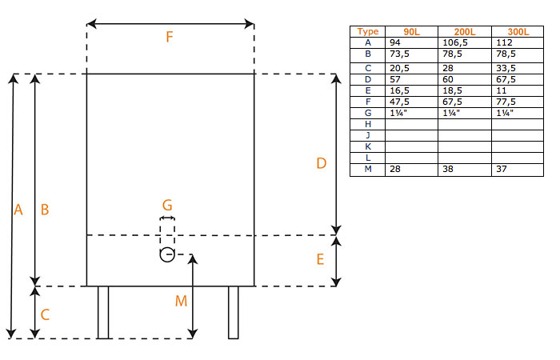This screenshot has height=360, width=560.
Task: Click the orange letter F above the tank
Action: click(x=170, y=37)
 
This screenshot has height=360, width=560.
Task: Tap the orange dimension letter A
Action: click(x=18, y=210)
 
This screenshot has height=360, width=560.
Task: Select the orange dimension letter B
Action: click(x=45, y=210)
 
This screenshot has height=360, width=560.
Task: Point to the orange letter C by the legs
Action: click(x=45, y=314)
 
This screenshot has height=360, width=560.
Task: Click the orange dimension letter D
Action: click(x=322, y=163)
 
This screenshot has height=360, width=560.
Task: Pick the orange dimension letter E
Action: click(x=320, y=259)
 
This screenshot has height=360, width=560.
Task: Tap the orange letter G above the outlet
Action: click(x=167, y=206)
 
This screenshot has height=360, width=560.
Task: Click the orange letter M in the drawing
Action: click(x=181, y=302)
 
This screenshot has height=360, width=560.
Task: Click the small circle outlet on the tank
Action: click(x=167, y=254)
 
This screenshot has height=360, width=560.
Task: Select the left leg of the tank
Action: click(x=103, y=312)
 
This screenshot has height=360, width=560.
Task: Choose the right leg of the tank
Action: click(x=234, y=312)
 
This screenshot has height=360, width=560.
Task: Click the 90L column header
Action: click(x=412, y=32)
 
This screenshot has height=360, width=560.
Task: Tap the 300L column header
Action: click(x=518, y=32)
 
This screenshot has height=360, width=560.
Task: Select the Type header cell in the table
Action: click(x=367, y=31)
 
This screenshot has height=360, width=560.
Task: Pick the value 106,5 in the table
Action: click(x=455, y=43)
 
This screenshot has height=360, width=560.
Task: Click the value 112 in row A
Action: click(x=504, y=42)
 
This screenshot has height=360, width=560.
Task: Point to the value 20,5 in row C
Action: click(x=399, y=68)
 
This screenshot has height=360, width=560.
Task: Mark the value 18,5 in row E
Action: click(x=452, y=90)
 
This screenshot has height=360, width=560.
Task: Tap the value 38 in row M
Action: click(x=448, y=169)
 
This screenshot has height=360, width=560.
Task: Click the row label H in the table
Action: click(x=368, y=124)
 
